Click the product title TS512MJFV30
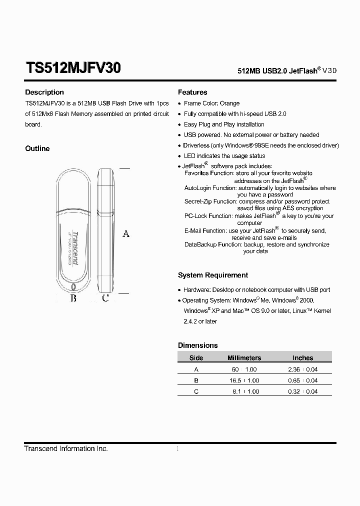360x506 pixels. tap(73, 68)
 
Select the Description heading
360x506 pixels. tap(44, 92)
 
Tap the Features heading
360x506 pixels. tap(192, 92)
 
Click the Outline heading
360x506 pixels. tap(37, 148)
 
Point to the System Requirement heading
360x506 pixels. tap(213, 275)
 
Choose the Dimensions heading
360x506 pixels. tap(198, 345)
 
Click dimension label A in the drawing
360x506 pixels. tap(126, 233)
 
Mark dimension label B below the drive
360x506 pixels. tap(73, 298)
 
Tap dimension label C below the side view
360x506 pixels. tap(105, 298)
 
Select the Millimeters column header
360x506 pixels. tap(244, 358)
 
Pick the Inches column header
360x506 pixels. tap(302, 358)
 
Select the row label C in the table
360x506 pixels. tap(196, 391)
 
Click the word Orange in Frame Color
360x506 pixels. tap(229, 103)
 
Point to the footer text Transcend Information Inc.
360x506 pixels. tap(66, 449)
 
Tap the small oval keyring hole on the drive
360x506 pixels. tap(74, 287)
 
